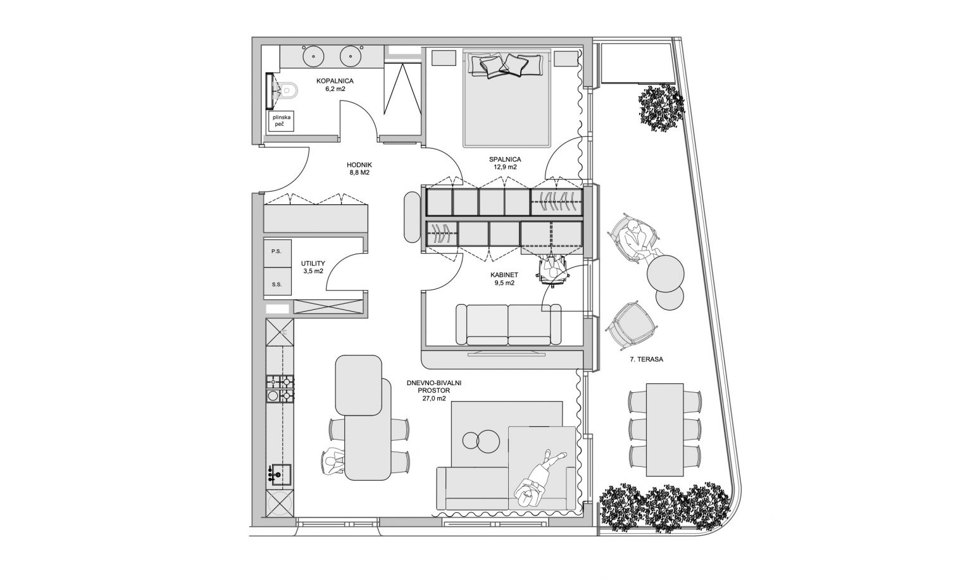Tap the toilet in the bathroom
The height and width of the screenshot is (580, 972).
tap(289, 90)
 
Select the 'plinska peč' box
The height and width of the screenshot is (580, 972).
tap(281, 121)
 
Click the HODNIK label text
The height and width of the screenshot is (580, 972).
tap(359, 165)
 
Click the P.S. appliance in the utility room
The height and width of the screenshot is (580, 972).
tap(277, 252)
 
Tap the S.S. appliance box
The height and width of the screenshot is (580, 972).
tap(277, 281)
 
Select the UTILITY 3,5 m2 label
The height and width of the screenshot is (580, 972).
tap(313, 267)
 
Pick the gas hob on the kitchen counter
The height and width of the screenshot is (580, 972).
tap(280, 389)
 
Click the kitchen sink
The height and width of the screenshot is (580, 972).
tap(280, 474)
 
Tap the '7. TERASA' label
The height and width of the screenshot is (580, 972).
tap(647, 359)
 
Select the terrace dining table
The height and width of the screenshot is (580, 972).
tap(665, 430)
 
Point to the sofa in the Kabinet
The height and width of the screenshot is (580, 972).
tap(508, 324)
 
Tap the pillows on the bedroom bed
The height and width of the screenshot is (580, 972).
tap(504, 66)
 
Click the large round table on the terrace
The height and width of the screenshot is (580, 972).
tap(666, 274)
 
